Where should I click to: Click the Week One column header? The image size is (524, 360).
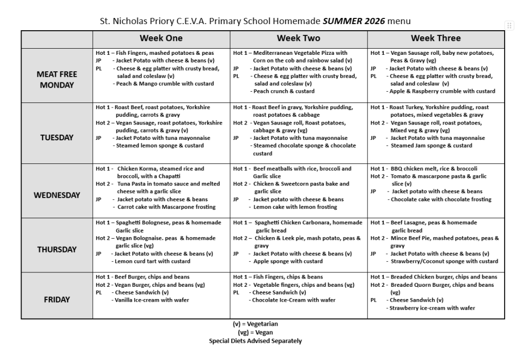[x=161, y=38]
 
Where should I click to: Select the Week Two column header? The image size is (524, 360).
[x=298, y=38]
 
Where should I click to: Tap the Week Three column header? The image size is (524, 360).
[x=435, y=38]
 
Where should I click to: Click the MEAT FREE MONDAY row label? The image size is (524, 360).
[x=57, y=79]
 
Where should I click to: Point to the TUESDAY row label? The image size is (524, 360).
[x=57, y=137]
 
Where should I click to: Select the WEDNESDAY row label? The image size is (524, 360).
[x=57, y=195]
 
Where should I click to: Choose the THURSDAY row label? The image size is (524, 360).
[x=57, y=249]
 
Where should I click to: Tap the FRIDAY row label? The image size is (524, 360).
[x=57, y=300]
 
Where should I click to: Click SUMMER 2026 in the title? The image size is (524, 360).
[x=354, y=21]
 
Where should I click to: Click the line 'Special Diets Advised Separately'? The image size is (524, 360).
[x=255, y=341]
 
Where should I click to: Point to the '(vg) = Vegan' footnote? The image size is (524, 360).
[x=255, y=332]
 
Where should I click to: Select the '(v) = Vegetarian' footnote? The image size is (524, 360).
[x=255, y=324]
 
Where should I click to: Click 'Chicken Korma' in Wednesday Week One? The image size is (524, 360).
[x=137, y=168]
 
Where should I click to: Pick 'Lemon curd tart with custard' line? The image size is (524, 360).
[x=152, y=261]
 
